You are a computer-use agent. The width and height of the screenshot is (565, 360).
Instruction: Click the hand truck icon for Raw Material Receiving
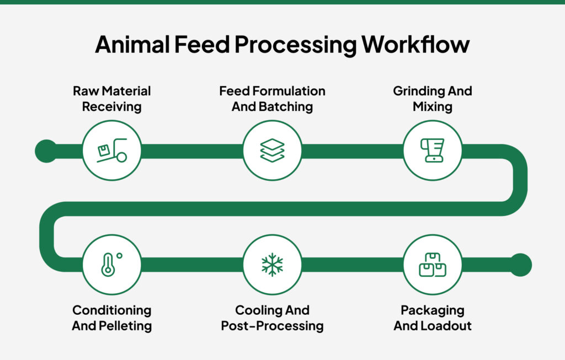(x=112, y=151)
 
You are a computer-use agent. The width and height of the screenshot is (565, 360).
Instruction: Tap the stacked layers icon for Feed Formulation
(x=273, y=151)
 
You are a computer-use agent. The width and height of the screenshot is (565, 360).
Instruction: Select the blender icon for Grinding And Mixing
(x=433, y=150)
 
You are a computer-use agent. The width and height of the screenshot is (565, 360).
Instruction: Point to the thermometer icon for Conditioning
(x=111, y=265)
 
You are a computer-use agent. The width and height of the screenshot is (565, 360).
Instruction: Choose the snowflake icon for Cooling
(x=273, y=265)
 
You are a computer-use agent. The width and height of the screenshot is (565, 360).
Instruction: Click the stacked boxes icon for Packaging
(x=433, y=265)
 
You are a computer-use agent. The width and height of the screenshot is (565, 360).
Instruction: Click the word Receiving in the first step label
(x=112, y=106)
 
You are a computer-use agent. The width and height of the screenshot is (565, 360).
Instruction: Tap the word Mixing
(x=433, y=106)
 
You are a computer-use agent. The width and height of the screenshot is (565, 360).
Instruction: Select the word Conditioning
(x=112, y=310)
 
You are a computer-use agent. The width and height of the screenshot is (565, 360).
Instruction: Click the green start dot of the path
(x=46, y=151)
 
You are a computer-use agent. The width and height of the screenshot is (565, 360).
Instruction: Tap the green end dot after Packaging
(x=520, y=265)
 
